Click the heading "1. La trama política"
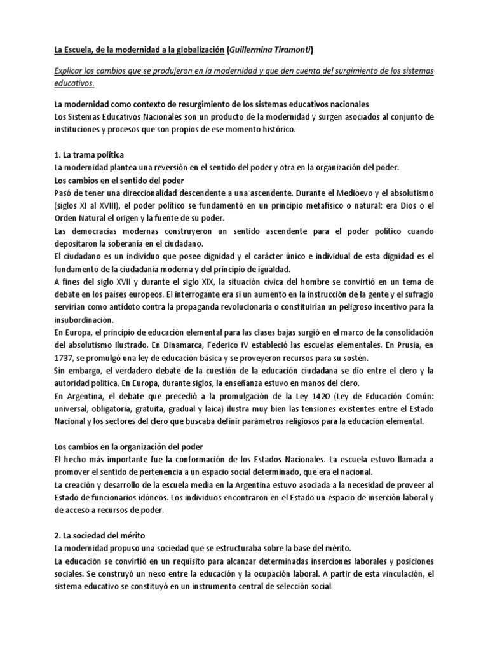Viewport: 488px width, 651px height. (x=88, y=154)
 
